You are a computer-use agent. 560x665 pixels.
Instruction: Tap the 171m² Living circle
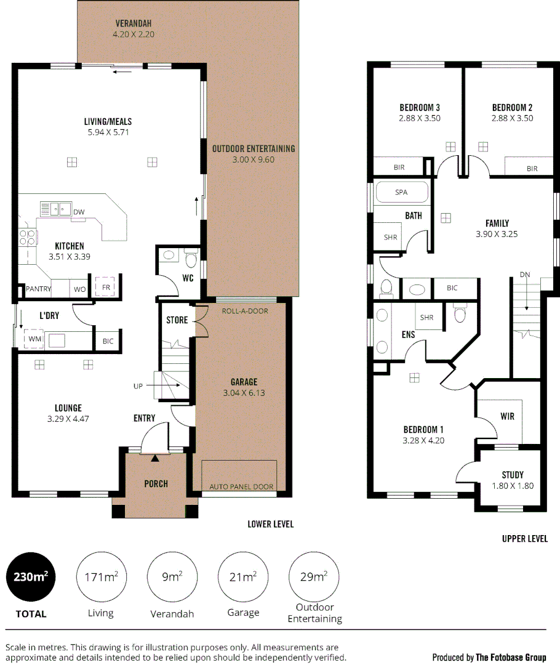(100, 578)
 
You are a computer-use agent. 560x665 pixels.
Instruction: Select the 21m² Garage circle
(243, 578)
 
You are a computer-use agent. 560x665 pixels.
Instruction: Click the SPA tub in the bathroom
(401, 192)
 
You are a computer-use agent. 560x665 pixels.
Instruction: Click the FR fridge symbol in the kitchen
(106, 288)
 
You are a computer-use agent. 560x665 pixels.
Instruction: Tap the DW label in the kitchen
(79, 212)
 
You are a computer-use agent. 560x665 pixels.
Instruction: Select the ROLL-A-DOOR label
(245, 311)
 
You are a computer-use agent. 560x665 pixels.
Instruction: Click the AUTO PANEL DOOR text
(241, 486)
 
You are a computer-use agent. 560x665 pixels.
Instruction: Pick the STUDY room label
(513, 475)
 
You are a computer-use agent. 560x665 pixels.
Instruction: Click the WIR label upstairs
(508, 416)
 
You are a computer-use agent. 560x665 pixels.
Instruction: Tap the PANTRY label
(38, 288)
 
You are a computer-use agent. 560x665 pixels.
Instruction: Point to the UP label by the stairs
(138, 386)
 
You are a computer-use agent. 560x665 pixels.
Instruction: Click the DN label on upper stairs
(525, 275)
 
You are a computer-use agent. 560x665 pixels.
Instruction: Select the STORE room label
(177, 320)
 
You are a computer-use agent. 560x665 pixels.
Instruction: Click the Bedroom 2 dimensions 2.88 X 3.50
(512, 118)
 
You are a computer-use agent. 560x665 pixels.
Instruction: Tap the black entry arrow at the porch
(155, 457)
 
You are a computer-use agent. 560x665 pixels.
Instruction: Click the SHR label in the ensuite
(426, 318)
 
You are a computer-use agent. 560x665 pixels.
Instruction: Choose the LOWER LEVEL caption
(270, 524)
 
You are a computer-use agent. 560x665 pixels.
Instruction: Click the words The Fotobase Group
(510, 657)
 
